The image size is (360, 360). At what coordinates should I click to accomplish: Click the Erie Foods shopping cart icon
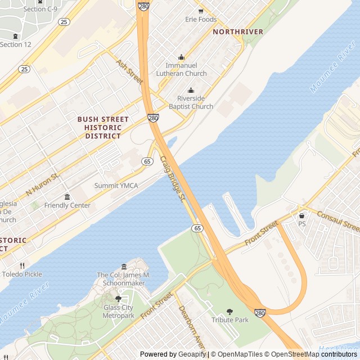coord(201,11)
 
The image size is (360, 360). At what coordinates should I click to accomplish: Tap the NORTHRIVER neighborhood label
coord(238,32)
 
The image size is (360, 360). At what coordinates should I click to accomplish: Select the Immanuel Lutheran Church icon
coord(181,57)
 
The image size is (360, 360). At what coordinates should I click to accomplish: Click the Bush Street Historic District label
coord(103,128)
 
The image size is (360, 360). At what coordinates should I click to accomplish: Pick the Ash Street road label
coord(130,73)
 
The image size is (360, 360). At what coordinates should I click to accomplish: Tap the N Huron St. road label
coord(42,185)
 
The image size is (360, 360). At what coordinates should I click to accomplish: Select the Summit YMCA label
coord(116,186)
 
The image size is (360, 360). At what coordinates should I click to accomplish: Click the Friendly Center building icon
coord(67,197)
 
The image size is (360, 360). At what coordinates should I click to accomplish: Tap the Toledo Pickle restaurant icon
coord(22,265)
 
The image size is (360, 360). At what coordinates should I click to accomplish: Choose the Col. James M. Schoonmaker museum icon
coord(124,267)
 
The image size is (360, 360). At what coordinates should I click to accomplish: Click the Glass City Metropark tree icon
coord(118,299)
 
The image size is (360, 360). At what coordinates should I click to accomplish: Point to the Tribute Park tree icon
coord(229,312)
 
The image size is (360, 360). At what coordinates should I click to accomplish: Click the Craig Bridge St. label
coord(173,179)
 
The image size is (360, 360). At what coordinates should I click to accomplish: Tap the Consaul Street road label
coord(338,222)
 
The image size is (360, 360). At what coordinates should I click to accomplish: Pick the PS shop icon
coord(302,215)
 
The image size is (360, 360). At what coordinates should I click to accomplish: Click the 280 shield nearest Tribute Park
coord(259,313)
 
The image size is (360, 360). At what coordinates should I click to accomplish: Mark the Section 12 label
coord(15,44)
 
